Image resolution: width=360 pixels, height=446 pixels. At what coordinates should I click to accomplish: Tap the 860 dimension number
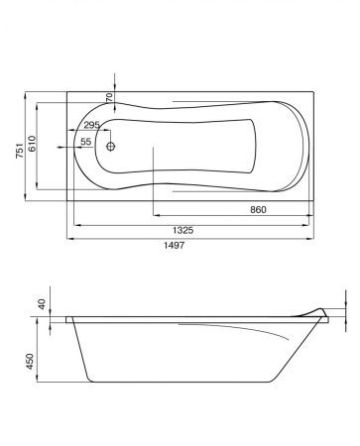[x=257, y=210]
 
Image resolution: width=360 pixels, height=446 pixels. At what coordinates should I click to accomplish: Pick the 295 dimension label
[x=91, y=125]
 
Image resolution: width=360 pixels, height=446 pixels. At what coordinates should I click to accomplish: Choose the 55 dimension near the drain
[x=86, y=143]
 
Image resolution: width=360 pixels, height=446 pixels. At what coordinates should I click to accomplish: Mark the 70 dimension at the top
[x=109, y=97]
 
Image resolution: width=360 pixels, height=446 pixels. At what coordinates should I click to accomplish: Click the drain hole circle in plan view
[x=111, y=148]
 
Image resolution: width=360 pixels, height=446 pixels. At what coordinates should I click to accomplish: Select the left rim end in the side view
[x=68, y=319]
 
